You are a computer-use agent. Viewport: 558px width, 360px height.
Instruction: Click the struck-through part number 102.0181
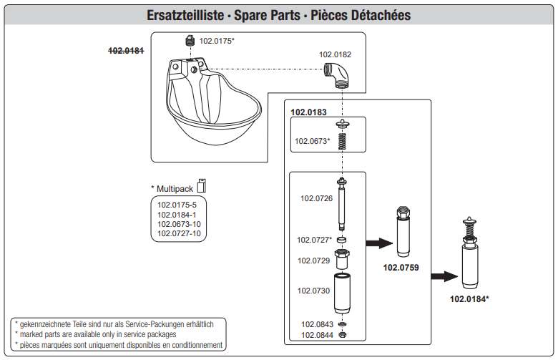click(126, 51)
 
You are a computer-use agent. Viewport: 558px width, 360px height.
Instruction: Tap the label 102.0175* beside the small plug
click(217, 41)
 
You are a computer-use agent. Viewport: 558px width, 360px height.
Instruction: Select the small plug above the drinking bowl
click(190, 40)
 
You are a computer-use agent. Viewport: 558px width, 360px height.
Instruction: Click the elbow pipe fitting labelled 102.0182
click(337, 74)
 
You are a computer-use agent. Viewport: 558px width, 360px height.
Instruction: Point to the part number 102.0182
click(335, 54)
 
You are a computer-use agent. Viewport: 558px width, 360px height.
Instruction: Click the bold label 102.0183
click(308, 112)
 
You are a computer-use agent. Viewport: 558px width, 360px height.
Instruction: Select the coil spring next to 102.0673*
click(342, 141)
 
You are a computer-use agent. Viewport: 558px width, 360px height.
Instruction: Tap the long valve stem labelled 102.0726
click(342, 204)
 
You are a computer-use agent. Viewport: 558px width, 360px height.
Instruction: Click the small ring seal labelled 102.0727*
click(342, 239)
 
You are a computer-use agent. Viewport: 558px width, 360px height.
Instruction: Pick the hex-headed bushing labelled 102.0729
click(342, 259)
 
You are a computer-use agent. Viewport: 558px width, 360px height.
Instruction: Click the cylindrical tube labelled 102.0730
click(342, 293)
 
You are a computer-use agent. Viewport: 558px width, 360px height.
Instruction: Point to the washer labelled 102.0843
click(342, 324)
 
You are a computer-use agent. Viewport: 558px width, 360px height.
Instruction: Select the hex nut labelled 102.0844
click(342, 334)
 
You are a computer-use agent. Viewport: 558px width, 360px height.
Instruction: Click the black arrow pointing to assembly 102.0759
click(379, 243)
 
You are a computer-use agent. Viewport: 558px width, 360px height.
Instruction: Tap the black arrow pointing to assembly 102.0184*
click(444, 276)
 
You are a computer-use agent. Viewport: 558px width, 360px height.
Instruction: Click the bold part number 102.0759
click(401, 268)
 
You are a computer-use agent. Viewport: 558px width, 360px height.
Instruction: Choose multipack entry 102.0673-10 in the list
click(179, 224)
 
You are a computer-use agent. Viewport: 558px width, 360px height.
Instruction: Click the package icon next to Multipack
click(202, 185)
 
